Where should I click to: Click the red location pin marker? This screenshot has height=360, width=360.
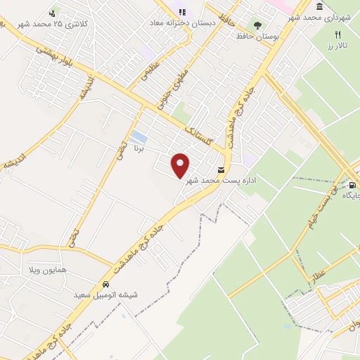[181, 165]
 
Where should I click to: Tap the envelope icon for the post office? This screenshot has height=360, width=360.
[222, 170]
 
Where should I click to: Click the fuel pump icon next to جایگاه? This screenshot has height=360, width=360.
[352, 186]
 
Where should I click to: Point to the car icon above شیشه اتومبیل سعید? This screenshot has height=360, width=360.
[105, 285]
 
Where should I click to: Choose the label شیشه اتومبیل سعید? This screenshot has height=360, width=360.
[105, 295]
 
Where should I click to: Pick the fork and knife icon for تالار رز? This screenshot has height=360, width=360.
[337, 34]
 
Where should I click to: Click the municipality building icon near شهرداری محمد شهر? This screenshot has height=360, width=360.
[320, 7]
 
